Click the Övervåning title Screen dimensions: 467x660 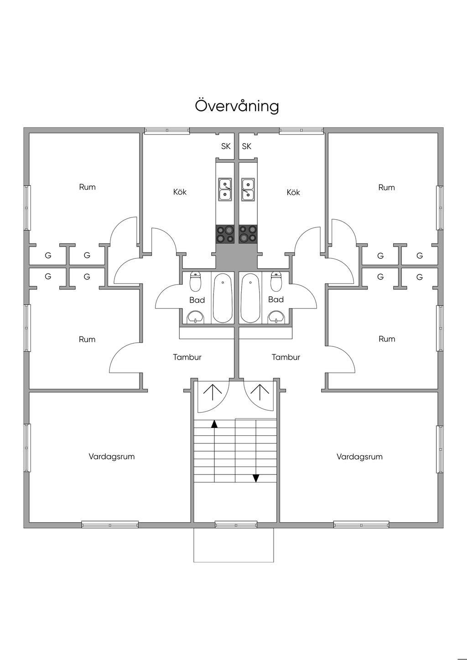click(237, 106)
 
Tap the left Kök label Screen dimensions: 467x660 click(180, 192)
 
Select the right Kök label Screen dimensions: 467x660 click(293, 192)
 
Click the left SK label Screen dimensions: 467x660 click(226, 146)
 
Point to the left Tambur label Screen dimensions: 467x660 click(187, 357)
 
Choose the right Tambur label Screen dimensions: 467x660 click(286, 357)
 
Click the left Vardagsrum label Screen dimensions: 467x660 click(112, 456)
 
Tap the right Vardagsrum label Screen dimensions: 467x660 click(360, 457)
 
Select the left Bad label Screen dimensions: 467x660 click(197, 300)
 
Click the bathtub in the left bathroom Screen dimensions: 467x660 click(223, 298)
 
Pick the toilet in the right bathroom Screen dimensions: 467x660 click(276, 281)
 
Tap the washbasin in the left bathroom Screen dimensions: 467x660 click(196, 317)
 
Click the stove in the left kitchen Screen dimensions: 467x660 click(225, 234)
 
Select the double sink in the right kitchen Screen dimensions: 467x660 click(248, 190)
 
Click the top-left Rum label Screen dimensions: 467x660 click(87, 187)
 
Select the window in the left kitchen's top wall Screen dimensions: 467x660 click(167, 130)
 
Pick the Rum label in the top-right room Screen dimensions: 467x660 click(387, 187)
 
